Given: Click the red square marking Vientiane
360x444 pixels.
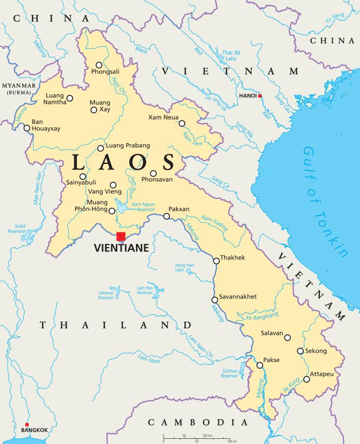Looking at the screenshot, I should (121, 236).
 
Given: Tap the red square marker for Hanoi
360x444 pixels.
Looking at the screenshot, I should (260, 96).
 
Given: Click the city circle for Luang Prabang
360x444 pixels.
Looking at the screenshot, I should (100, 148).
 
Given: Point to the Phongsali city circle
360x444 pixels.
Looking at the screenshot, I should (99, 65).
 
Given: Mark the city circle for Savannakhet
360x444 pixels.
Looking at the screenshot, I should (214, 300).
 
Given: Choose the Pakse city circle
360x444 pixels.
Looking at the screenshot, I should (260, 365).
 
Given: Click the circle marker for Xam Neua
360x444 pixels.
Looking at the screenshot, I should (182, 123).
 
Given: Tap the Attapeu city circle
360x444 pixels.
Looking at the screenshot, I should (306, 380).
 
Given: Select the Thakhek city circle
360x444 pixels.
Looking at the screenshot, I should (216, 261).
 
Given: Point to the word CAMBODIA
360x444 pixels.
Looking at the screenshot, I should (195, 422).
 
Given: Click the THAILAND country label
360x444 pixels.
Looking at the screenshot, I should (116, 325).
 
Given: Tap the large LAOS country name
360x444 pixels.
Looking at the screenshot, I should (123, 163).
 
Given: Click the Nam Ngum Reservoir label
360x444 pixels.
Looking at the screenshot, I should (143, 207).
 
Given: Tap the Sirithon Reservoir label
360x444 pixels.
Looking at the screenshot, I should (230, 373).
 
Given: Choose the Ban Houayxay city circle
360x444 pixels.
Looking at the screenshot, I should (27, 127).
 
